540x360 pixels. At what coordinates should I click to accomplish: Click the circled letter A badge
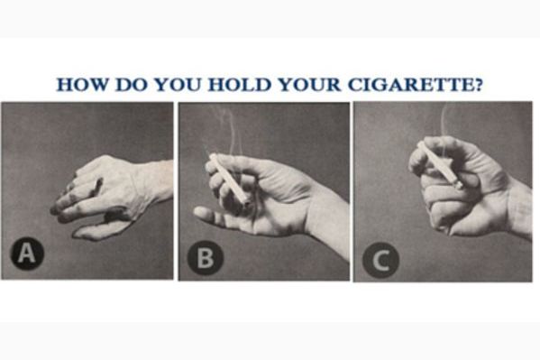point(27,255)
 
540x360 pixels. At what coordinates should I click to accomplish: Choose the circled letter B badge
point(205,259)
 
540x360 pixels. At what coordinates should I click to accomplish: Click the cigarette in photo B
point(226,176)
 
